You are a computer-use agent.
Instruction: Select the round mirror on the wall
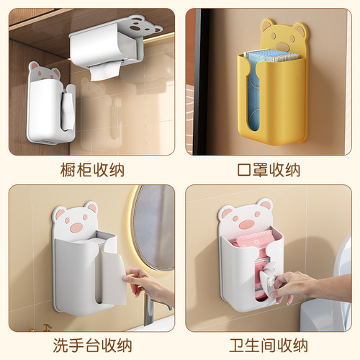coord(153,227)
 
